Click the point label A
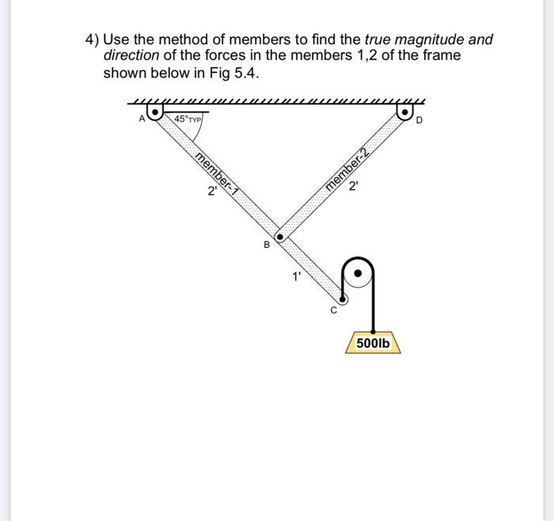point(142,119)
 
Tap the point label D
point(420,120)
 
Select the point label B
point(267,245)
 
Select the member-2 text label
point(347,169)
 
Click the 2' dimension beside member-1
point(211,191)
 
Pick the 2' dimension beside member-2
point(353,188)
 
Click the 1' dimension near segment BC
point(296,276)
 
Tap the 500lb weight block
point(373,344)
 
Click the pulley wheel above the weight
point(359,273)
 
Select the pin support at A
point(157,113)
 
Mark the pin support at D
point(406,113)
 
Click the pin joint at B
point(279,236)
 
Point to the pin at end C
point(342,299)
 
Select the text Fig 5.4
point(230,73)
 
